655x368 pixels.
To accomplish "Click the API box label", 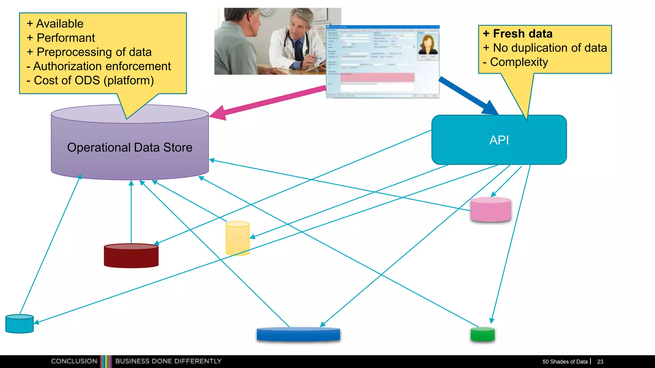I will click(499, 140).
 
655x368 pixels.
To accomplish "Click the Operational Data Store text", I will click(130, 148).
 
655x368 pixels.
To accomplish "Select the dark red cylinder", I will click(131, 256).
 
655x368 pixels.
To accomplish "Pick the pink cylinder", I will click(490, 210).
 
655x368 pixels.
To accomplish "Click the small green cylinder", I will click(483, 334).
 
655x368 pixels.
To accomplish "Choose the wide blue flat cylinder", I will click(298, 334).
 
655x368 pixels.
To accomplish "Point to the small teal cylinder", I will click(20, 324).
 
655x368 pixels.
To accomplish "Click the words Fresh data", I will click(523, 34).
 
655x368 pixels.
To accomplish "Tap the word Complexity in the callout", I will click(519, 62).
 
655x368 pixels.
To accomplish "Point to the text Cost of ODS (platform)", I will click(94, 80).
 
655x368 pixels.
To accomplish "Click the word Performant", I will click(66, 38).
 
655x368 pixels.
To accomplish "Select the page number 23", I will click(600, 362).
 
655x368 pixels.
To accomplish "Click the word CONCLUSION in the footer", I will click(74, 361).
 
